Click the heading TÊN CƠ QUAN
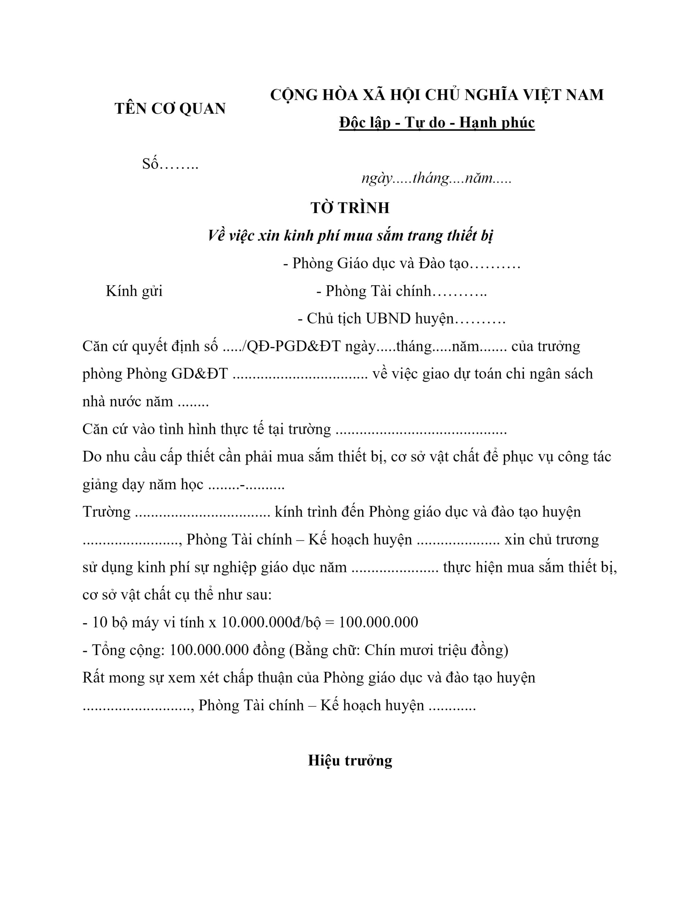click(x=170, y=109)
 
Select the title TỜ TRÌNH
click(x=350, y=208)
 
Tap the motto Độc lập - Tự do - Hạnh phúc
click(x=436, y=123)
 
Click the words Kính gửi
click(x=134, y=291)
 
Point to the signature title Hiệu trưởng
click(x=350, y=761)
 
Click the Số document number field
click(x=170, y=164)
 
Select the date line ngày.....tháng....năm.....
click(x=436, y=178)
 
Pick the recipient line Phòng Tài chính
click(x=401, y=291)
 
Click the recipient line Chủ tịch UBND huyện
click(x=401, y=319)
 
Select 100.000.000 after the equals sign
click(x=378, y=622)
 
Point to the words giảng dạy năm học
click(x=143, y=484)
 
